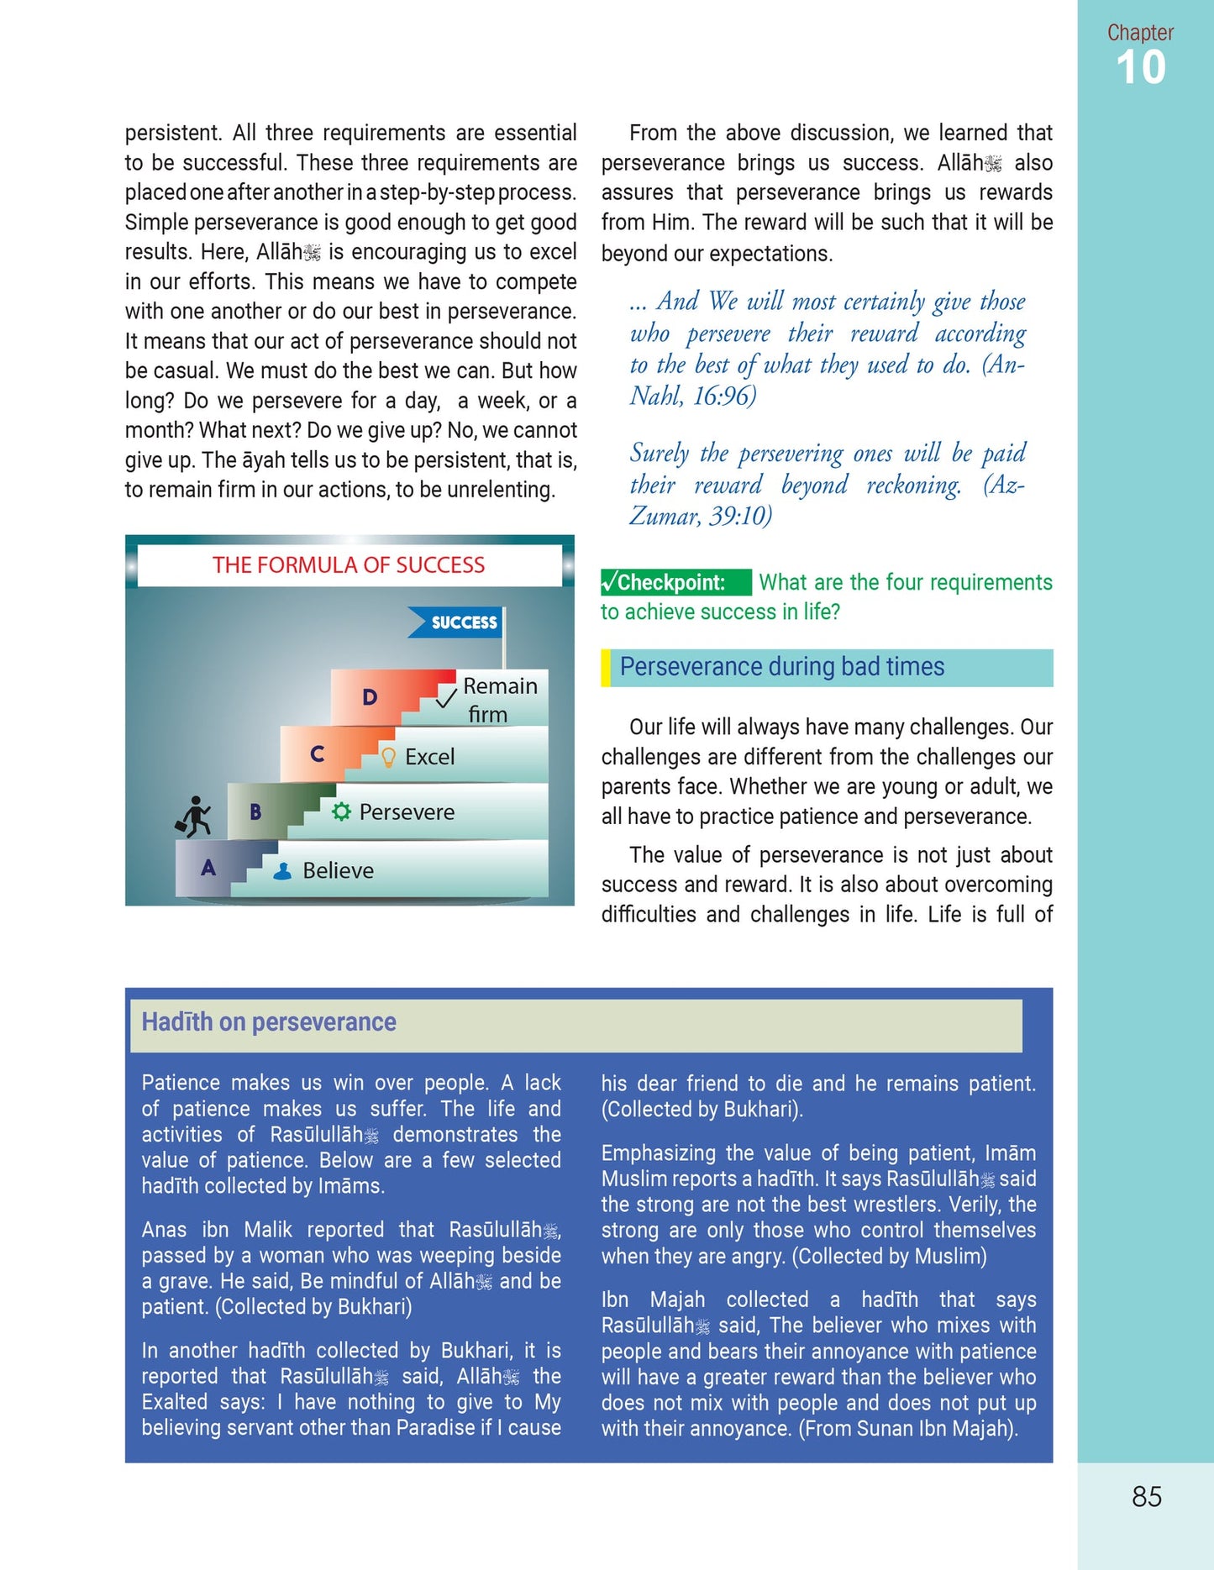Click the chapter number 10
coord(1140,67)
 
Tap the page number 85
coord(1146,1496)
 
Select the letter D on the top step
coord(370,696)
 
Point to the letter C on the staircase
coord(317,753)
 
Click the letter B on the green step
coord(255,811)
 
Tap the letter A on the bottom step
coord(208,868)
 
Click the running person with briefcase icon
coord(194,817)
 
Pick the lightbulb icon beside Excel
coord(388,758)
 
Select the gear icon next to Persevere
coord(341,811)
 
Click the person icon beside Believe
coord(283,871)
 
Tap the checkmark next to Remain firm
coord(447,696)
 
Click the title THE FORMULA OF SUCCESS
coord(349,565)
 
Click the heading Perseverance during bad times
coord(781,667)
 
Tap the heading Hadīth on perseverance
coord(269,1022)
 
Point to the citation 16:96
coord(723,396)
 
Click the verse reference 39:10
coord(739,515)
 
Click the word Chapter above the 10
coord(1140,33)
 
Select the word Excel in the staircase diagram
coord(429,757)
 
